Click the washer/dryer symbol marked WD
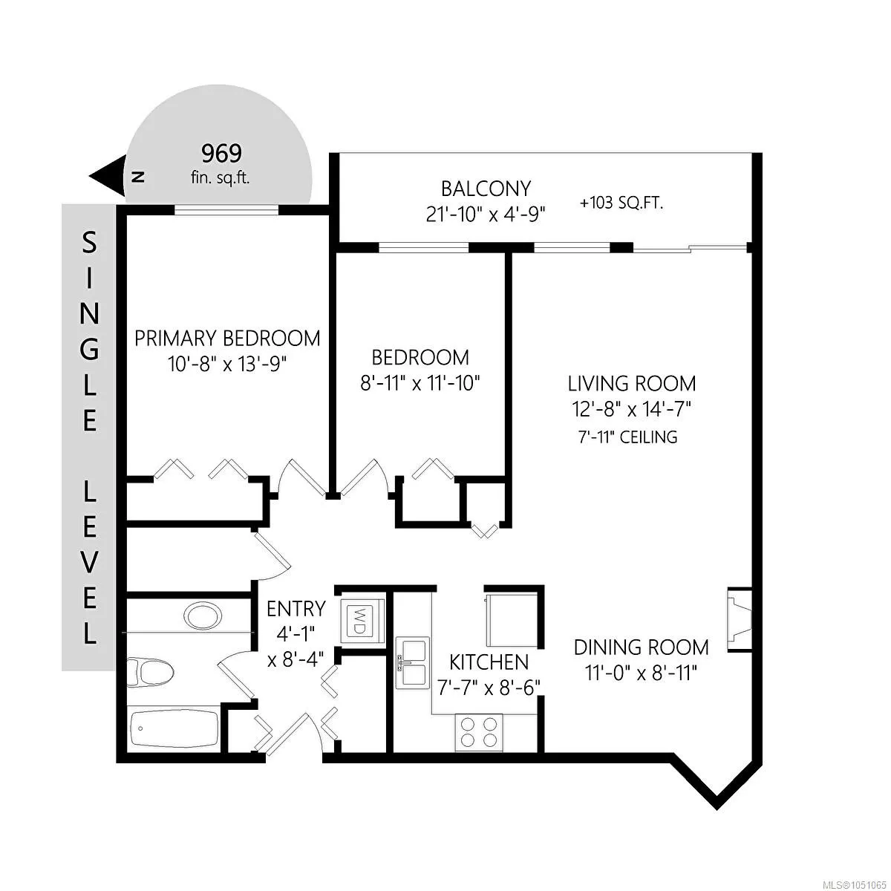point(362,621)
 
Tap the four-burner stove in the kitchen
point(479,732)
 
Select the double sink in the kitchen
point(412,663)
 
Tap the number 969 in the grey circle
point(221,154)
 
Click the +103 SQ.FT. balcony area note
point(621,203)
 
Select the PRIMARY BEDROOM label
point(227,339)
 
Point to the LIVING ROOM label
point(632,384)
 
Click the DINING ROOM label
point(641,647)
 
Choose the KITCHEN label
point(489,662)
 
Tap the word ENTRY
point(296,609)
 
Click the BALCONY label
point(486,189)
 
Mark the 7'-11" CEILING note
point(627,437)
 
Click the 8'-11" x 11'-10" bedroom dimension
point(420,383)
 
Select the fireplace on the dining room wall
point(739,619)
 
